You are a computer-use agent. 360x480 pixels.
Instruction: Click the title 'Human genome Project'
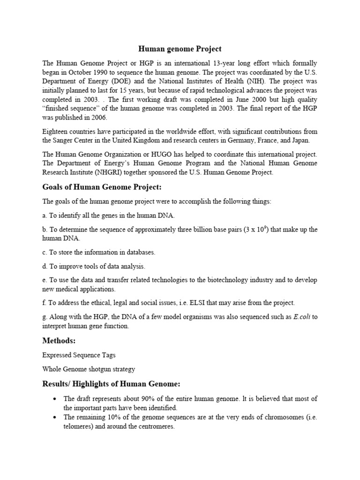(x=180, y=49)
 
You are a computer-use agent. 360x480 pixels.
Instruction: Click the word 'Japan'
(x=307, y=140)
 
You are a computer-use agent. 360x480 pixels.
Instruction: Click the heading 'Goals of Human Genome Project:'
(x=102, y=187)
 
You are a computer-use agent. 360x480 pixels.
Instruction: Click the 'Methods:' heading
(x=59, y=340)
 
